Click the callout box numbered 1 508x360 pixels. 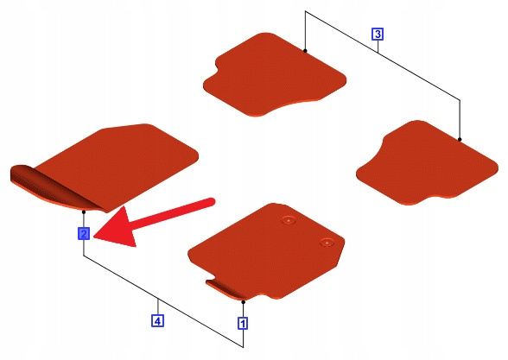point(243,323)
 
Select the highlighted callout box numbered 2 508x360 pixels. point(84,233)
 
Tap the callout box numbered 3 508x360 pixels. point(378,34)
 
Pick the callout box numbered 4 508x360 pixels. point(157,321)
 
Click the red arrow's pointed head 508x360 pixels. point(95,237)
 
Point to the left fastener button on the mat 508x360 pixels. point(288,220)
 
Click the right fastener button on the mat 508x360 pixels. point(327,242)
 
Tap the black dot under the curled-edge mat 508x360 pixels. point(84,212)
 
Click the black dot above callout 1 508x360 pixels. point(244,302)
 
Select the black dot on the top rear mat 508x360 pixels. point(305,50)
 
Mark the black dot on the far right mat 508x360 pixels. point(460,139)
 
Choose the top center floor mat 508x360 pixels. point(275,74)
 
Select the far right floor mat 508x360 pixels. point(427,162)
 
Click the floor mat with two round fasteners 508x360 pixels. point(266,251)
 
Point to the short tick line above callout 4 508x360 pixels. point(158,306)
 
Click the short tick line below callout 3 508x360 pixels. point(378,47)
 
